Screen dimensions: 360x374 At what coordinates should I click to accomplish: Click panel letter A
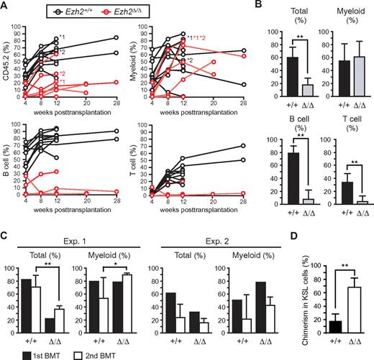6,6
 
